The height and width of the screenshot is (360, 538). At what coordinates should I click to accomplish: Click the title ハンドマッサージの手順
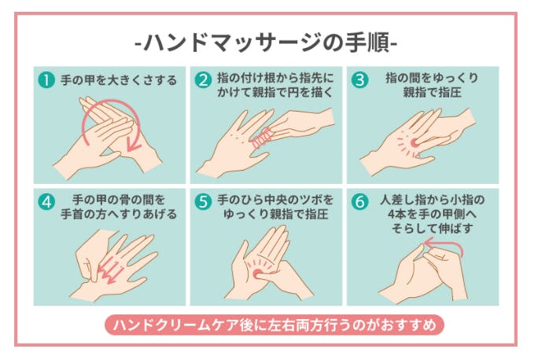[x=267, y=43]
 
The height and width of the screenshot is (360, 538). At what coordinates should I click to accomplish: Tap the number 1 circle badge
[x=46, y=80]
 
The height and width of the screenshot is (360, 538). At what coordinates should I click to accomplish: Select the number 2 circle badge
[x=203, y=80]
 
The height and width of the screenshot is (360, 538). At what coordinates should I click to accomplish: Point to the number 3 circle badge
[x=359, y=80]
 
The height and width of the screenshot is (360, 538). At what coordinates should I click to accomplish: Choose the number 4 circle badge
[x=46, y=202]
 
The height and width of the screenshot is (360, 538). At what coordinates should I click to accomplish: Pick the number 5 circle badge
[x=203, y=202]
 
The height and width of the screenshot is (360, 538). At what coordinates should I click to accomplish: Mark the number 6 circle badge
[x=359, y=202]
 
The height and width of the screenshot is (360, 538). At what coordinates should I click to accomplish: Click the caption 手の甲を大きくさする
[x=119, y=80]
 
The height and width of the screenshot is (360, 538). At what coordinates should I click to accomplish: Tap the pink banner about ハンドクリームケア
[x=275, y=325]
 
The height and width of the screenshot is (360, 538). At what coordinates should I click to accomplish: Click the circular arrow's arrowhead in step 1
[x=132, y=145]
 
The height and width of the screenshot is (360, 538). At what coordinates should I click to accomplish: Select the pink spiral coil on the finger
[x=263, y=138]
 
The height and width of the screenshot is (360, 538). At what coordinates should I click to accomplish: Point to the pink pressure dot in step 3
[x=415, y=143]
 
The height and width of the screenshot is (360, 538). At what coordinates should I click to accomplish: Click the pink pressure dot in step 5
[x=257, y=274]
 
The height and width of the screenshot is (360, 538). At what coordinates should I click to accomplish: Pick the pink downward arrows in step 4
[x=110, y=270]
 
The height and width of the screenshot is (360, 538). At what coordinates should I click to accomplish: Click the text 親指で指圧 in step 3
[x=432, y=93]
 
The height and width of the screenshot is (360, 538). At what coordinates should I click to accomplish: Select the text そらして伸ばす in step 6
[x=432, y=229]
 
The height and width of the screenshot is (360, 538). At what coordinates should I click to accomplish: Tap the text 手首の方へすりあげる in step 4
[x=119, y=214]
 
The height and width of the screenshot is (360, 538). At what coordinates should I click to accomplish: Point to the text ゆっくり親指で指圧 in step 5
[x=275, y=214]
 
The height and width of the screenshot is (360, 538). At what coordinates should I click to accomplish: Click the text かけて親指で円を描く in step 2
[x=275, y=93]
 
